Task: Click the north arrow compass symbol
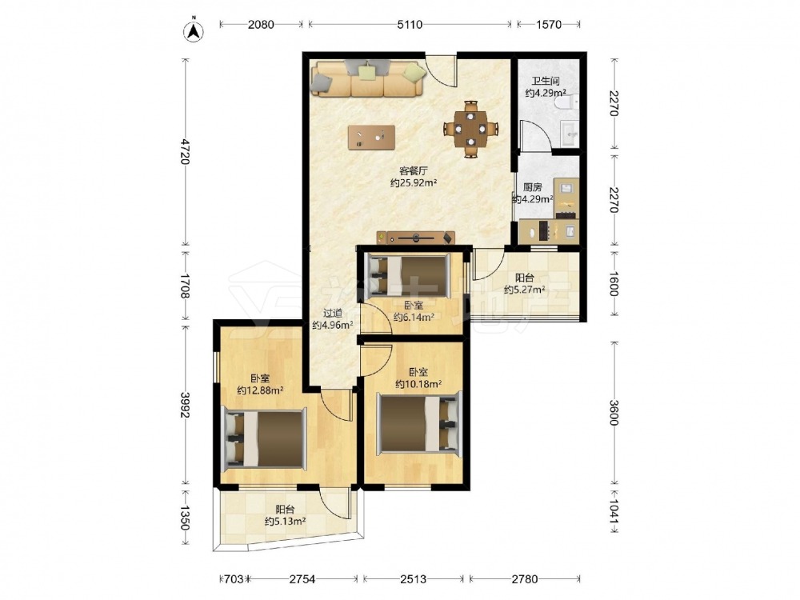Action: pos(194,30)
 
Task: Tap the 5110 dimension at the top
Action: pos(410,24)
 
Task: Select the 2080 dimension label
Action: pos(261,24)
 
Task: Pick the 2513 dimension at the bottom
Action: pos(414,579)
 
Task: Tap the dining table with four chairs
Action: pos(470,130)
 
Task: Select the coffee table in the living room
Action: pos(371,138)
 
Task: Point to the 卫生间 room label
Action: pos(546,81)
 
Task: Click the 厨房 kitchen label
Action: pos(533,187)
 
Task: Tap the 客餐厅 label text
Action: pos(414,170)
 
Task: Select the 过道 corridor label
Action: pos(333,314)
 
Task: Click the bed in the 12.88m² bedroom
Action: pos(266,438)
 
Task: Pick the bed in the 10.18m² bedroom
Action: pos(419,423)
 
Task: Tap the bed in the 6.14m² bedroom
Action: pos(409,276)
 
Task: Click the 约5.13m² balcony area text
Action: pos(286,522)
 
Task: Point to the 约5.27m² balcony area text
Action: pos(525,290)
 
